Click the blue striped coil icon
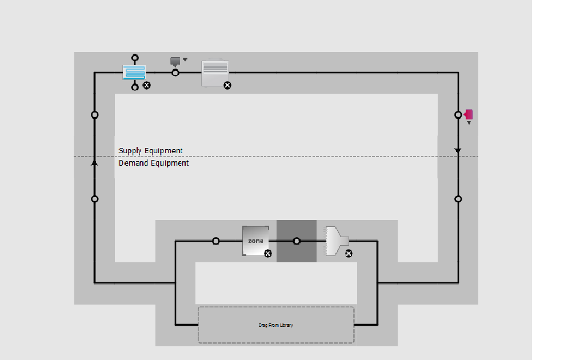[x=134, y=73]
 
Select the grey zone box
[x=255, y=241]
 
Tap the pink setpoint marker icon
[x=469, y=115]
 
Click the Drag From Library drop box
[x=276, y=325]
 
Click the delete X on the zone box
[x=268, y=254]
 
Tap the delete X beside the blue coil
[x=146, y=86]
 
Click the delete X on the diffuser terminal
[x=349, y=254]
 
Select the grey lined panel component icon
[x=215, y=73]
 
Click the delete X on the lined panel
[x=227, y=86]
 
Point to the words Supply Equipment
[x=151, y=151]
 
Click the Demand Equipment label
[x=154, y=163]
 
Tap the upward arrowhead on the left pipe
[x=94, y=163]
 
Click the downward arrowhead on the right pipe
[x=458, y=150]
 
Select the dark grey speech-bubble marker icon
[x=175, y=61]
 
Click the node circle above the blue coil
[x=135, y=58]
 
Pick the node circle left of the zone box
[x=216, y=241]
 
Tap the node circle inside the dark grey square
[x=297, y=241]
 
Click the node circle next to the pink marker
[x=458, y=115]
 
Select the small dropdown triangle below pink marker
[x=469, y=123]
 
